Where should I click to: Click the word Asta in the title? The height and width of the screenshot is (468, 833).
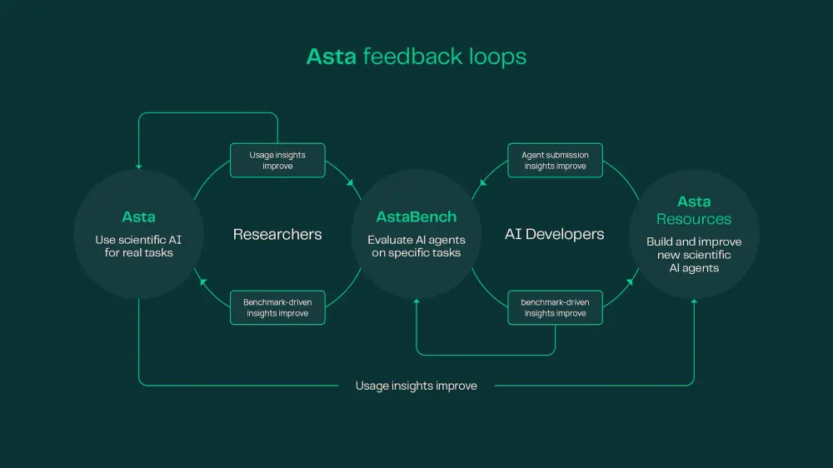pos(332,57)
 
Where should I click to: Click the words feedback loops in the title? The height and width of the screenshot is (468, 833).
pos(445,57)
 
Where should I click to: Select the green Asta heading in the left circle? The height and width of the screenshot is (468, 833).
pos(138,217)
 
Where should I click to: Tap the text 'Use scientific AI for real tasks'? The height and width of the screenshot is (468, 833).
pos(138,246)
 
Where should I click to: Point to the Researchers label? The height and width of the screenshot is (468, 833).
pos(277,235)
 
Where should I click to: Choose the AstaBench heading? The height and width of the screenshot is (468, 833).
pos(416,217)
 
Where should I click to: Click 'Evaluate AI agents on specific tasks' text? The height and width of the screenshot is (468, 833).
pos(416,246)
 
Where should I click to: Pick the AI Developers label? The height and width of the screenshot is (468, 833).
pos(555,235)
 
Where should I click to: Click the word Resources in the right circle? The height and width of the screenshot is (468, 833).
pos(694,219)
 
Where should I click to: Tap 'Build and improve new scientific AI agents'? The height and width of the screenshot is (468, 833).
pos(694,255)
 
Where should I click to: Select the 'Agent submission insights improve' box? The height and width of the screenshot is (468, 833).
pos(555,160)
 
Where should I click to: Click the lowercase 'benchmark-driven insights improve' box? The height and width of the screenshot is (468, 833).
pos(555,307)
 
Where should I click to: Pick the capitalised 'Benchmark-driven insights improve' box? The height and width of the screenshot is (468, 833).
pos(277,307)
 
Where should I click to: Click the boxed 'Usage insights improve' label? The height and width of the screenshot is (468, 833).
pos(277,160)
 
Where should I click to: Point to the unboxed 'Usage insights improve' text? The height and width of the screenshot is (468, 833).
pos(416,386)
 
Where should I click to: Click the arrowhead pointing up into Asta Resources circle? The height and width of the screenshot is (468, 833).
pos(694,301)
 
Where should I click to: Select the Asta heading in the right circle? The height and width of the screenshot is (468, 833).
pos(694,202)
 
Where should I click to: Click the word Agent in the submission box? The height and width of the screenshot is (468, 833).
pos(533,155)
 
